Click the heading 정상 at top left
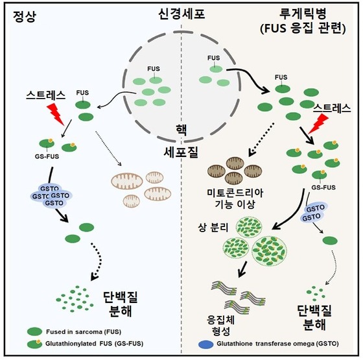(x=25, y=17)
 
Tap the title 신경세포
(x=181, y=14)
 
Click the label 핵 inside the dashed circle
(x=181, y=130)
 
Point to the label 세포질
(x=181, y=152)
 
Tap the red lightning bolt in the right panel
(x=318, y=124)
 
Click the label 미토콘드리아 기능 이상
(x=235, y=198)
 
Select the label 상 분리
(x=213, y=228)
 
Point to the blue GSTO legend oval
(x=206, y=344)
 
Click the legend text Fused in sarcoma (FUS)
(x=84, y=331)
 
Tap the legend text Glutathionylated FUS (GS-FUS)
(x=94, y=344)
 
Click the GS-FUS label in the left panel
(x=47, y=156)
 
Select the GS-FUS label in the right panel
(x=323, y=187)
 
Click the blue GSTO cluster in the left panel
(x=51, y=196)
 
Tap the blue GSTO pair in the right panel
(x=313, y=213)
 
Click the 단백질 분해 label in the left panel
(x=121, y=304)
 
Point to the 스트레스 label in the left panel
(x=45, y=95)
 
